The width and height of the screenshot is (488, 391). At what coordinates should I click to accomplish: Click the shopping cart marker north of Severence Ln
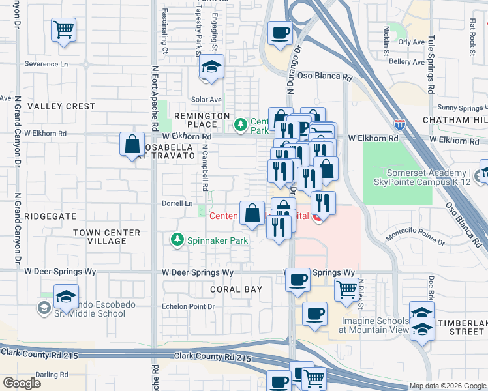point(63,29)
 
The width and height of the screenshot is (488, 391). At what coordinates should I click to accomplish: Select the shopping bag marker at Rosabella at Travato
point(132,143)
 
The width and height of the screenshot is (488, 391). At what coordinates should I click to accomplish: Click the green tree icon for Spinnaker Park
point(177,240)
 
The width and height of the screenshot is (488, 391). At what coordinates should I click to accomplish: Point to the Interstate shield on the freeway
point(400,124)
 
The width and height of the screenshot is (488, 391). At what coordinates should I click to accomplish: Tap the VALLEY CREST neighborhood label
point(61,106)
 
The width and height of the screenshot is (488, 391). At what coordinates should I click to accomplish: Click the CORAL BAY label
point(236,289)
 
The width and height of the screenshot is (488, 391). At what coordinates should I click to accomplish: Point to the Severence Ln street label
point(46,65)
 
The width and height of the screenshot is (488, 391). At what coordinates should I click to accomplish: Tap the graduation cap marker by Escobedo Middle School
point(66,297)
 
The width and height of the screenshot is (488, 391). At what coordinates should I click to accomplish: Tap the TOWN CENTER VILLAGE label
point(106,237)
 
